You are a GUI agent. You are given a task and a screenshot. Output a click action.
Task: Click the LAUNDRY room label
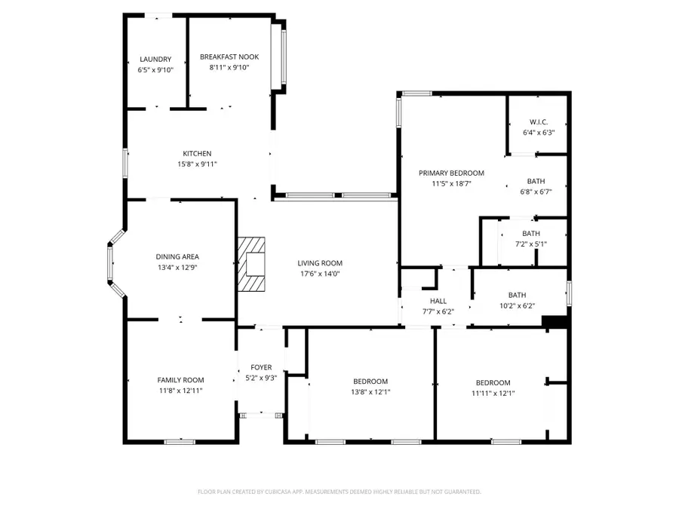tap(155, 60)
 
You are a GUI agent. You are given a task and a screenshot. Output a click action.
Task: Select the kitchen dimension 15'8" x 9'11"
tap(197, 164)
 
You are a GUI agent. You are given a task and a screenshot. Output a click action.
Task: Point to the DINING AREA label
tap(177, 256)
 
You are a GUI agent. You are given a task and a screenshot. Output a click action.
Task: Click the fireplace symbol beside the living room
tap(253, 264)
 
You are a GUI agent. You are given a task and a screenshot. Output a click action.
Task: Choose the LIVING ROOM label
tap(320, 263)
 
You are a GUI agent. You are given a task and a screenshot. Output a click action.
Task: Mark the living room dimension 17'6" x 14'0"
tap(320, 274)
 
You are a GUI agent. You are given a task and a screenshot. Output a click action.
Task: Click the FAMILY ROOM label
tap(180, 380)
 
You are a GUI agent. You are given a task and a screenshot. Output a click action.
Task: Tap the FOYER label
tap(261, 367)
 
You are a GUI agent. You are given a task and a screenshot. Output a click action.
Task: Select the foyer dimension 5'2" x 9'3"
tap(261, 378)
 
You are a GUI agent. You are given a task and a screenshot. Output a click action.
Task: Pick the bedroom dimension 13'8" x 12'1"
tap(370, 391)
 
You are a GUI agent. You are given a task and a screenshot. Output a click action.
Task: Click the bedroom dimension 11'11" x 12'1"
tap(493, 393)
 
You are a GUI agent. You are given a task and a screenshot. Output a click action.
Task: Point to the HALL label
tap(438, 301)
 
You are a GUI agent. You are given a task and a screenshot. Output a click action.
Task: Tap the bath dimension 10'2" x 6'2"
tap(517, 305)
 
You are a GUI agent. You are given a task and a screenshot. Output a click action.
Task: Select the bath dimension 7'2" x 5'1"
tap(531, 244)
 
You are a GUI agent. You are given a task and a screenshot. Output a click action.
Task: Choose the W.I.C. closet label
tap(538, 122)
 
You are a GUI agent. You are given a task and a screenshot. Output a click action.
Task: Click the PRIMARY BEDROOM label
tap(451, 173)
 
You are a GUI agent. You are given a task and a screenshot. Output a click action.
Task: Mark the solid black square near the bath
tap(555, 322)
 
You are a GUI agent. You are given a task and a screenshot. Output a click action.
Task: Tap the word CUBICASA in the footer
tap(275, 492)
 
